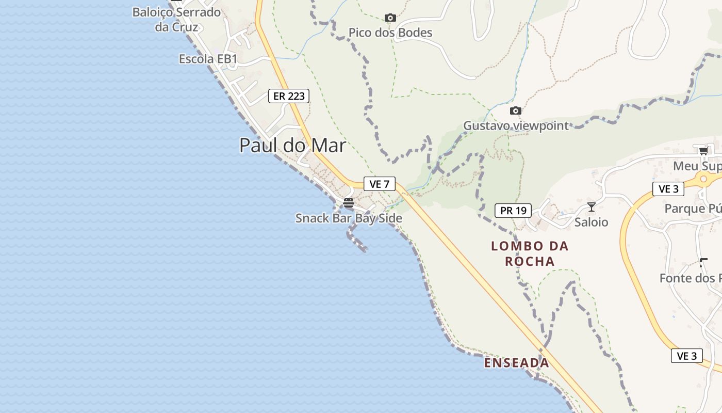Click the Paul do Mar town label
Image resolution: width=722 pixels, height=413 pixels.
292,145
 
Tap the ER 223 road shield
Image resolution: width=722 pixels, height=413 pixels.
289,96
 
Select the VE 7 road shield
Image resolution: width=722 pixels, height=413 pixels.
379,184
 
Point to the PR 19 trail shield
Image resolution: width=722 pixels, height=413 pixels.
513,211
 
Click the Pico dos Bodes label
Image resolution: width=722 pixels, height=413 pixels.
390,33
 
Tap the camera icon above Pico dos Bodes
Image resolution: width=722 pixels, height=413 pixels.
390,18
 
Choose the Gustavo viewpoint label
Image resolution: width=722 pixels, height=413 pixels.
516,125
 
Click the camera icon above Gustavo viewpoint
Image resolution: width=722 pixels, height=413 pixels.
516,110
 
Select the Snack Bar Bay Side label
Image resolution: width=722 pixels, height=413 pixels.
349,218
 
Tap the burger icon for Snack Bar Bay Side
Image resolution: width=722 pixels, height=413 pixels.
349,203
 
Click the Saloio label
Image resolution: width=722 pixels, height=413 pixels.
592,223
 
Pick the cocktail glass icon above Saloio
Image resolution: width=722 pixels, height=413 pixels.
592,207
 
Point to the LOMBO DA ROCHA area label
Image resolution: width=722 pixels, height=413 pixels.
530,253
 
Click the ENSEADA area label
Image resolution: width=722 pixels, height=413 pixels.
516,363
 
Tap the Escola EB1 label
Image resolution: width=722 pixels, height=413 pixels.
208,59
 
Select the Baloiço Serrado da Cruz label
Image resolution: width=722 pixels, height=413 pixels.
176,19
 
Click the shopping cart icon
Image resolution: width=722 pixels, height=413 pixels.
703,151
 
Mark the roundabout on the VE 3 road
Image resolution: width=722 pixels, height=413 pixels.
704,179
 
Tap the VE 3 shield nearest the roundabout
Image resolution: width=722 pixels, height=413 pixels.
668,189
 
